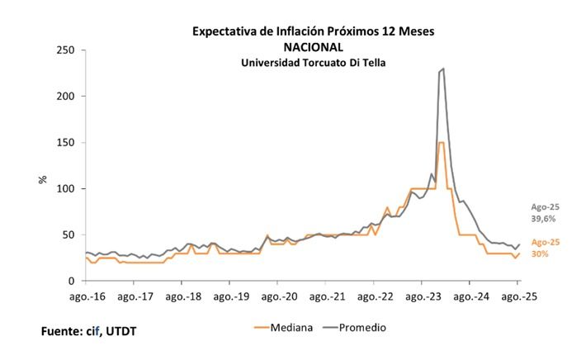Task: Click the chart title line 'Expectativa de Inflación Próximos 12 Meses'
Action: click(x=313, y=32)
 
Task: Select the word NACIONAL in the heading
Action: click(x=313, y=47)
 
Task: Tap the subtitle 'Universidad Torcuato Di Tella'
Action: click(x=313, y=62)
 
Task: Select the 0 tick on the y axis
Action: click(x=72, y=282)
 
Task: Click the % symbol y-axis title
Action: click(x=42, y=178)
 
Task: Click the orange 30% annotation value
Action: click(x=540, y=253)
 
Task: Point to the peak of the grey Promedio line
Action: click(x=444, y=69)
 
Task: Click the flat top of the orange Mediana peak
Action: click(x=442, y=143)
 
